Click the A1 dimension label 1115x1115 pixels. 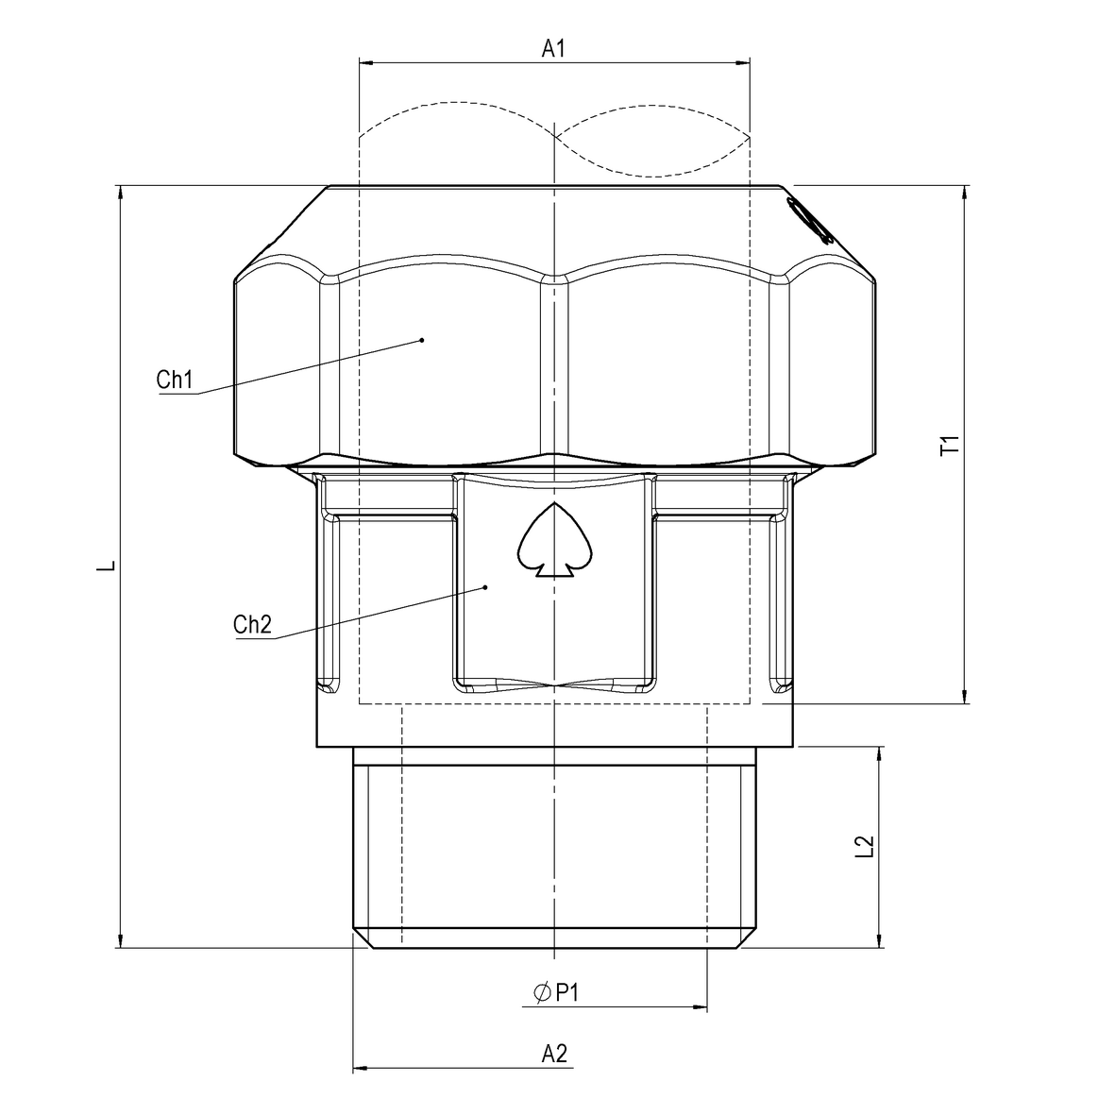tap(553, 49)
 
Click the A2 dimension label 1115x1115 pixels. tap(554, 1054)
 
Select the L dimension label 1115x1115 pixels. tap(109, 566)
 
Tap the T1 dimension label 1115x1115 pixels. tap(951, 446)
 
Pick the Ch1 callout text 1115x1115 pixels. tap(175, 380)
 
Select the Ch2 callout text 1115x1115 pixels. tap(252, 624)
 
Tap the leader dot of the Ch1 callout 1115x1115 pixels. tap(422, 339)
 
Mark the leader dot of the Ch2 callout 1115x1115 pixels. tap(485, 587)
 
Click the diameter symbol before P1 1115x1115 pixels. tap(542, 993)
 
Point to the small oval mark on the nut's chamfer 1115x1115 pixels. tap(809, 220)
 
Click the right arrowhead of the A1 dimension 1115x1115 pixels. tap(742, 63)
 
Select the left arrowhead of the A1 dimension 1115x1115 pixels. tap(367, 63)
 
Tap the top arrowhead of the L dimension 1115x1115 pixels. tap(120, 193)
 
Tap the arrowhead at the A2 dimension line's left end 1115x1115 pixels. tap(360, 1070)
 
